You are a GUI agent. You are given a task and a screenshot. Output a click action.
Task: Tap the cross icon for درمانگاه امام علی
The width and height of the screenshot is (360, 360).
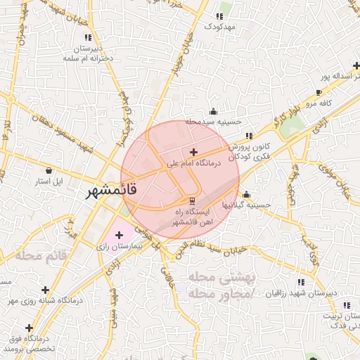[x=194, y=152]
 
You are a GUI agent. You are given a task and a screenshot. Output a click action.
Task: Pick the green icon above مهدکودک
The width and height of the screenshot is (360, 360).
[x=221, y=15]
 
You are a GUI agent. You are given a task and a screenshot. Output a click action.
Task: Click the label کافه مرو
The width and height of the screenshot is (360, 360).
[x=336, y=103]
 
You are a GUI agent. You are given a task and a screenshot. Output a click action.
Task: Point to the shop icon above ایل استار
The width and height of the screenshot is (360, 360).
[x=49, y=170]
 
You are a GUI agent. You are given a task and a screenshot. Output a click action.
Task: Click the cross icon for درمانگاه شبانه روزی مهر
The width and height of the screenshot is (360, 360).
[x=46, y=290]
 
